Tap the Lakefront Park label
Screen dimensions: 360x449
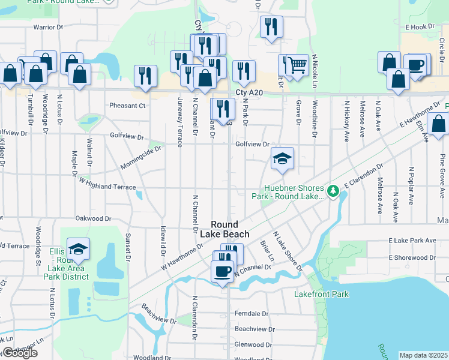321,294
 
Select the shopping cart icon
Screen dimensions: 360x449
297,64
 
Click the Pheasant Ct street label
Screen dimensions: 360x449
127,106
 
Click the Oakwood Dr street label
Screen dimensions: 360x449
94,219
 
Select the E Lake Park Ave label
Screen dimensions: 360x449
412,240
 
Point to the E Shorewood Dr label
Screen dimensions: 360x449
412,257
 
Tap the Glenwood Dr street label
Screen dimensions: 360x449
253,344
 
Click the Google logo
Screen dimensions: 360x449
20,353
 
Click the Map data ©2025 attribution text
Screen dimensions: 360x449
424,355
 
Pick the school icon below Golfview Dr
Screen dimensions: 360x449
282,158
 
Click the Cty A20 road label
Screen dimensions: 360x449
249,92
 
